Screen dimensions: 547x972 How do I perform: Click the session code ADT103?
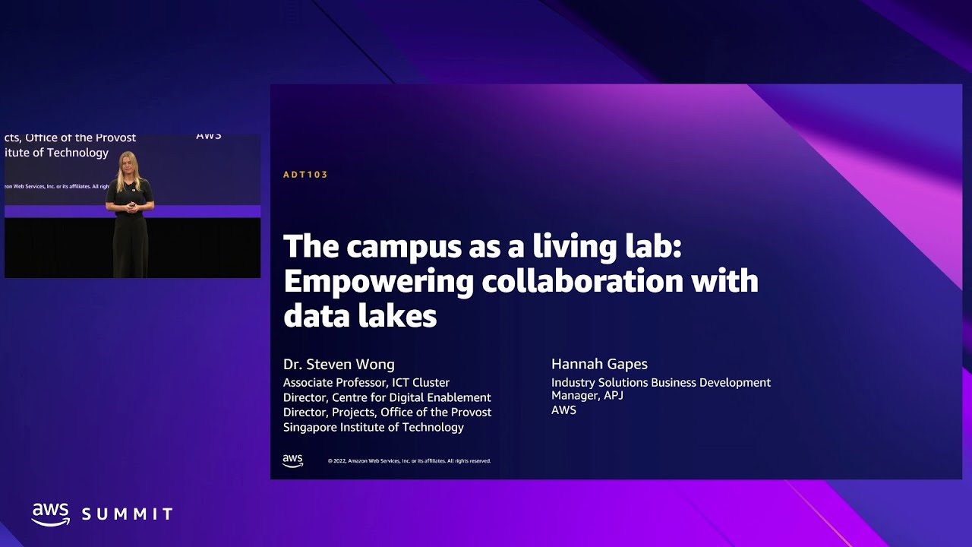[x=305, y=175]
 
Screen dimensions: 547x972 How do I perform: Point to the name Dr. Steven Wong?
[x=339, y=365]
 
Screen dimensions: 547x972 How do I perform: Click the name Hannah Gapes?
[x=599, y=365]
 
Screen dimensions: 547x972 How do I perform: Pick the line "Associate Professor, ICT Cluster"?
[x=366, y=383]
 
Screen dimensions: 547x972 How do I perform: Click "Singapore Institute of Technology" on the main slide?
[x=373, y=427]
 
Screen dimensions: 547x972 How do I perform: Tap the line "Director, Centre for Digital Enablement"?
[x=387, y=397]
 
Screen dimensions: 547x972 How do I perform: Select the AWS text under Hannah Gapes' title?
[x=563, y=410]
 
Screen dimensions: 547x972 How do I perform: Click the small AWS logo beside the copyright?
[x=292, y=460]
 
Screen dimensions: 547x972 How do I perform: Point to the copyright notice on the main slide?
[x=409, y=461]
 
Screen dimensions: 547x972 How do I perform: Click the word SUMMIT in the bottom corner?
[x=128, y=515]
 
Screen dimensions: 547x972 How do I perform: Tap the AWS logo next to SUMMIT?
[x=50, y=514]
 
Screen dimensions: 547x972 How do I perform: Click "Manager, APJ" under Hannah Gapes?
[x=587, y=396]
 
